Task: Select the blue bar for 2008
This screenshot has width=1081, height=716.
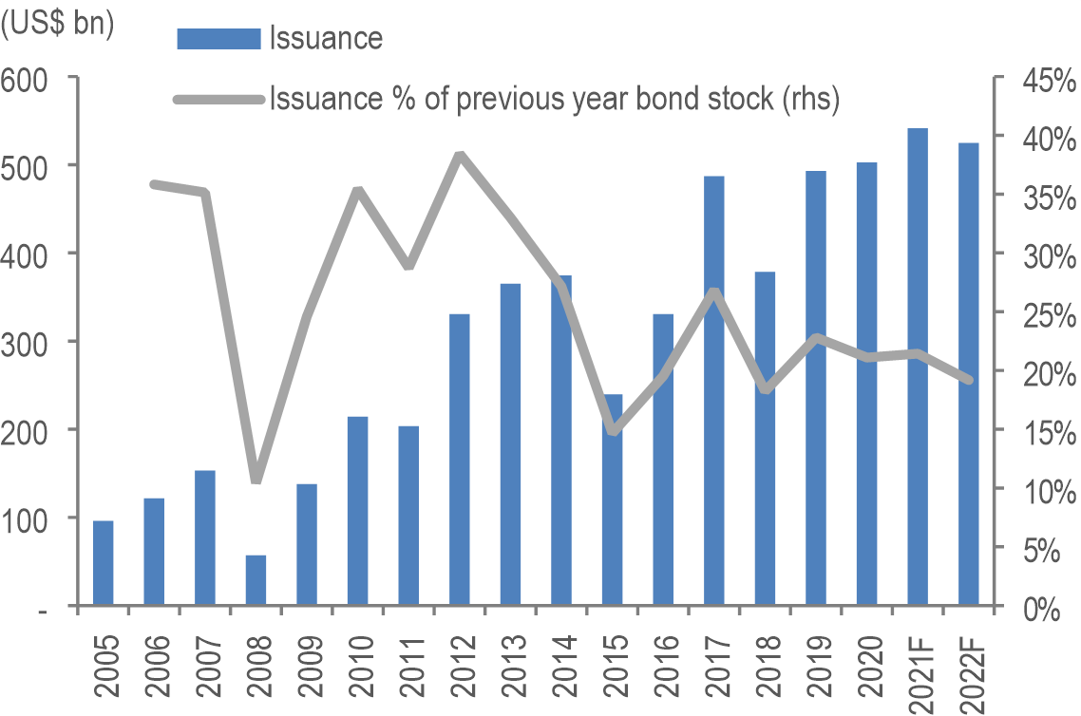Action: [256, 580]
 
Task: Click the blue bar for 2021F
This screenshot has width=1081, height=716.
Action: [918, 367]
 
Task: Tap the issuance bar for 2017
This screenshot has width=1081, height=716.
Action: [714, 390]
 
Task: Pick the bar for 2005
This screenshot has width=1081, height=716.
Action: [103, 562]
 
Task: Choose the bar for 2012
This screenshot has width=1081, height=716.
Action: [460, 460]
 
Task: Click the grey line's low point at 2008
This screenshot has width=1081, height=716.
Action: [256, 478]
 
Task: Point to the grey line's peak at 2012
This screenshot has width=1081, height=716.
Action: [460, 155]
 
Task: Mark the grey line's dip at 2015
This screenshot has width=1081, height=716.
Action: [613, 430]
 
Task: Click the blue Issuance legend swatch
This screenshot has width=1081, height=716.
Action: [218, 38]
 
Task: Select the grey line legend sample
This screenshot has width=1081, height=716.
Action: [218, 99]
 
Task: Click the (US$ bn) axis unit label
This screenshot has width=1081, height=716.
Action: [57, 25]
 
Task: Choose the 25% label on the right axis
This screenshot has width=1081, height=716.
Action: [1043, 314]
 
